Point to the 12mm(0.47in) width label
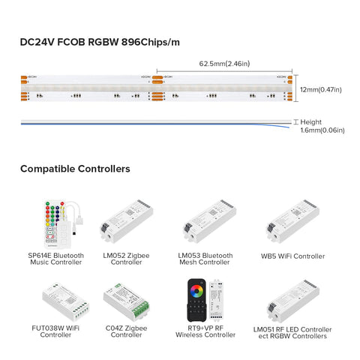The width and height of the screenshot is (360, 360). (321, 90)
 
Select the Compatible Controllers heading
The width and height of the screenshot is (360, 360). (75, 169)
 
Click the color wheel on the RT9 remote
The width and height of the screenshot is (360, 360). (196, 289)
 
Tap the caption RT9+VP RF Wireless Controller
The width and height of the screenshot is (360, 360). (208, 332)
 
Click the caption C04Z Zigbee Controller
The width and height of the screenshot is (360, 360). (125, 332)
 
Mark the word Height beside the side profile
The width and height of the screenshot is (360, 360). (311, 121)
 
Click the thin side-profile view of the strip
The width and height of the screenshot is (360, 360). (150, 123)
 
